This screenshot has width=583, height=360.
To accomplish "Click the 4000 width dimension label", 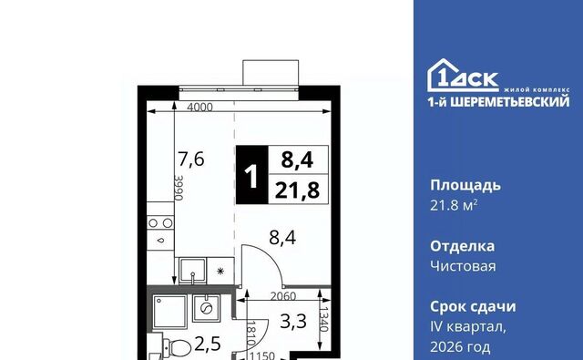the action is pyautogui.click(x=199, y=108).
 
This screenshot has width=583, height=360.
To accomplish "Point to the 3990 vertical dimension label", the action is pyautogui.click(x=179, y=188).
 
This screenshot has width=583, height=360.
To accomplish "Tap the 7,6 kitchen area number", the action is pyautogui.click(x=191, y=159).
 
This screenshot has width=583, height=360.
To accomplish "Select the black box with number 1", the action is pyautogui.click(x=251, y=175).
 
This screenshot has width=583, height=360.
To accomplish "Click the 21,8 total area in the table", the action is pyautogui.click(x=298, y=190).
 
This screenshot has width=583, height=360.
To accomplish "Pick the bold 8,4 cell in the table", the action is pyautogui.click(x=298, y=159).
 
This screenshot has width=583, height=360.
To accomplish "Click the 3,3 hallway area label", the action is pyautogui.click(x=293, y=322).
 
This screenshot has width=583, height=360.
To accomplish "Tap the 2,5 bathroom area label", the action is pyautogui.click(x=208, y=344).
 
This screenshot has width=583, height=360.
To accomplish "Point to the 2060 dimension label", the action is pyautogui.click(x=283, y=296).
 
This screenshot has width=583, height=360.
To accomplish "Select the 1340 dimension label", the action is pyautogui.click(x=324, y=319).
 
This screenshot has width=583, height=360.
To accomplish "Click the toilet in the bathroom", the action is pyautogui.click(x=177, y=347).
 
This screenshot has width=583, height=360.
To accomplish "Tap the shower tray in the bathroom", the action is pyautogui.click(x=169, y=313).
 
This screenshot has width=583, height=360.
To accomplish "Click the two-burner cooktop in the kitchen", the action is pyautogui.click(x=160, y=222).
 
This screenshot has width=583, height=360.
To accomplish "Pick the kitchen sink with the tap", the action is pyautogui.click(x=192, y=271).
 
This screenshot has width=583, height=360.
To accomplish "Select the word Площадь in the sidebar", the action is pyautogui.click(x=465, y=185).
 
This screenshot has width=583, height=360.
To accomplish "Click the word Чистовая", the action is pyautogui.click(x=463, y=266).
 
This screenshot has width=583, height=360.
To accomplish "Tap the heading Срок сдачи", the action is pyautogui.click(x=473, y=306).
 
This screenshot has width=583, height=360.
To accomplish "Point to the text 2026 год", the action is pyautogui.click(x=460, y=347).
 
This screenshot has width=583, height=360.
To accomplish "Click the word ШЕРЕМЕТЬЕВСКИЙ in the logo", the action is pyautogui.click(x=510, y=101).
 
